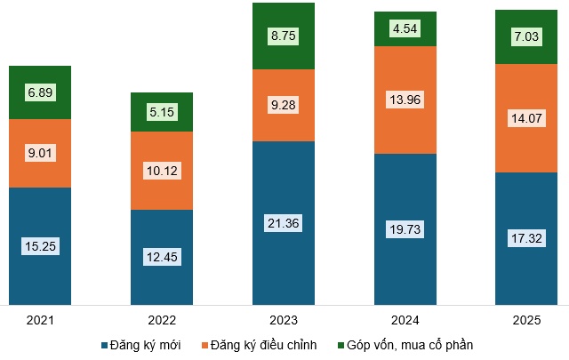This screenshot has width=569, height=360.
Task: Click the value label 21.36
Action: (x=283, y=223)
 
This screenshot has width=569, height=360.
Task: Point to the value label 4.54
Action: (x=405, y=28)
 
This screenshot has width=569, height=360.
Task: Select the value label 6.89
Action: (x=39, y=92)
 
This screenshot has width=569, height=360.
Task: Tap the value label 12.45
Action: (x=161, y=258)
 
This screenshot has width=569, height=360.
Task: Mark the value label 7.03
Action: (x=526, y=36)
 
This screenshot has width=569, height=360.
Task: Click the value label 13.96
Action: (x=405, y=100)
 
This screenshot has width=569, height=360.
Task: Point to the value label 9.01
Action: (x=39, y=153)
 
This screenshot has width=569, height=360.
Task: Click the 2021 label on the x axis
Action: (x=39, y=319)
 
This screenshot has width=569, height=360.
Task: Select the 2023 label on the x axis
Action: (x=283, y=319)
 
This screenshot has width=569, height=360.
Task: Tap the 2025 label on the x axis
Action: (x=526, y=319)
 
